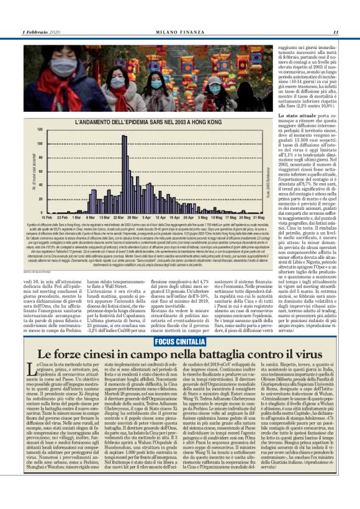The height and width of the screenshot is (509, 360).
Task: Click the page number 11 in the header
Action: [x=335, y=32]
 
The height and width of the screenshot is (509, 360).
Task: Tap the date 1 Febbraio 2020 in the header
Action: [x=42, y=32]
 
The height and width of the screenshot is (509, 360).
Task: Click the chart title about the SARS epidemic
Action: [x=135, y=122]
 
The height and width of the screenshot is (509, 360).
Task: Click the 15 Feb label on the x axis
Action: [x=46, y=218]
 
